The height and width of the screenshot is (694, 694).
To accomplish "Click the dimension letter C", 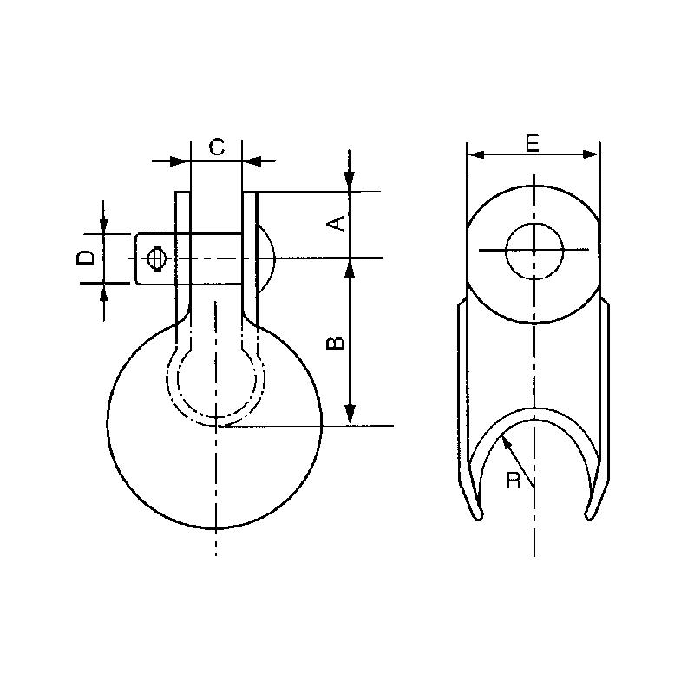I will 217,147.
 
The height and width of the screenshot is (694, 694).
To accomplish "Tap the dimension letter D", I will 85,259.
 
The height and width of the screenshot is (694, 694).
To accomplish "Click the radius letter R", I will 514,481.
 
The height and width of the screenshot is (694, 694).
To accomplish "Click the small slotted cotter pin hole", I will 157,259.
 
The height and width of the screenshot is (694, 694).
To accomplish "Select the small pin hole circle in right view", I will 534,251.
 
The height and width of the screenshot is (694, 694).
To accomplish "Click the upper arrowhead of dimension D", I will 104,226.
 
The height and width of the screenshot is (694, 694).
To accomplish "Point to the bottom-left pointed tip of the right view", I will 476,517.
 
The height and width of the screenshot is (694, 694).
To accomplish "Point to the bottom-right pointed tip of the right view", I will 592,517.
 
